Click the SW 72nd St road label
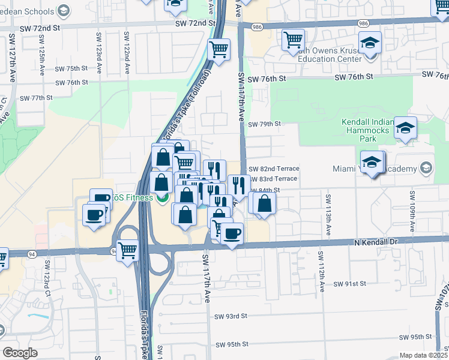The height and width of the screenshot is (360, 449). point(195,23)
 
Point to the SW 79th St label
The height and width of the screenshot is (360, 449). point(264,124)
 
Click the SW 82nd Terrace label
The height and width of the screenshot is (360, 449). point(273,169)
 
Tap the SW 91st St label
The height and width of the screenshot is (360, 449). point(349,283)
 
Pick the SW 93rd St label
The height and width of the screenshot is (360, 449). point(232,316)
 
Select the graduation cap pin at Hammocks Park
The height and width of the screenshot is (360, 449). point(405,128)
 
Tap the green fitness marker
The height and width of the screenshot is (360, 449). point(160,198)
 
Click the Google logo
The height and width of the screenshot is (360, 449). point(20,353)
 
